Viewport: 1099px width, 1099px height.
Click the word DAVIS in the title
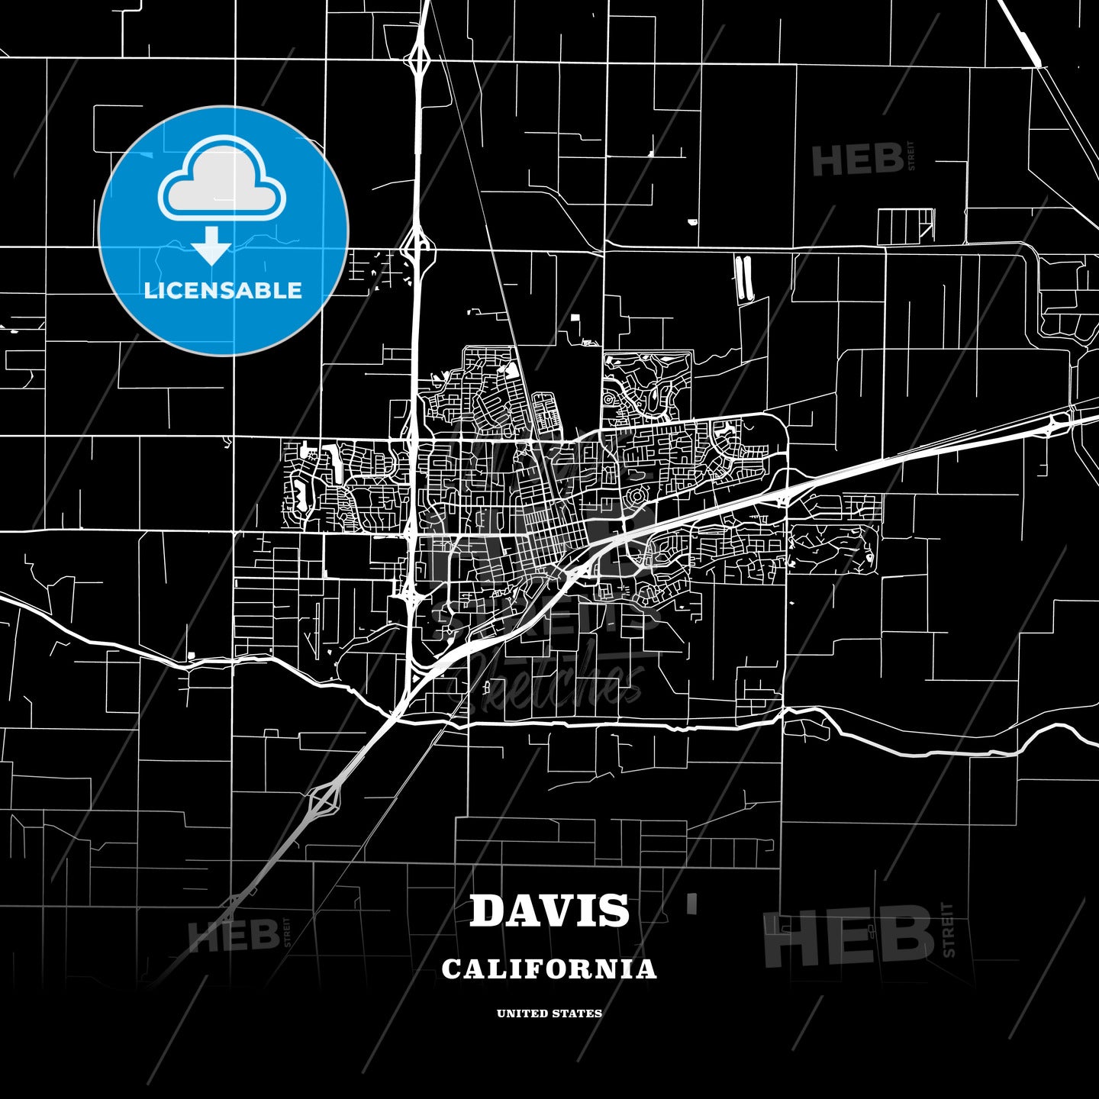pyautogui.click(x=549, y=910)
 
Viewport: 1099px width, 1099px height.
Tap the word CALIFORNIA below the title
pyautogui.click(x=549, y=969)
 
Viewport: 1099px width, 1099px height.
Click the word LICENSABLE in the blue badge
pyautogui.click(x=223, y=290)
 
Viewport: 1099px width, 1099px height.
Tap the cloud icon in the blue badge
pyautogui.click(x=222, y=181)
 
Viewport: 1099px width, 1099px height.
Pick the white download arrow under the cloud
pyautogui.click(x=211, y=245)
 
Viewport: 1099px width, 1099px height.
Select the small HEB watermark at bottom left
pyautogui.click(x=234, y=935)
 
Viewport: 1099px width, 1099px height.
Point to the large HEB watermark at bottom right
pyautogui.click(x=849, y=936)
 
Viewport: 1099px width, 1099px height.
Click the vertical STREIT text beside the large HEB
pyautogui.click(x=949, y=930)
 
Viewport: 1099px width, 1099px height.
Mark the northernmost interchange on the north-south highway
pyautogui.click(x=419, y=58)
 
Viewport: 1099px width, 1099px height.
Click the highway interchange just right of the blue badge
pyautogui.click(x=417, y=246)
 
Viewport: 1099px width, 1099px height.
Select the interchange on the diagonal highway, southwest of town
pyautogui.click(x=324, y=799)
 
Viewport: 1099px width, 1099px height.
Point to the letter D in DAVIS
pyautogui.click(x=488, y=910)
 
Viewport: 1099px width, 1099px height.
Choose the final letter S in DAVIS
pyautogui.click(x=615, y=910)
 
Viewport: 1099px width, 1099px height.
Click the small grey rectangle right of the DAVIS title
pyautogui.click(x=692, y=904)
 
